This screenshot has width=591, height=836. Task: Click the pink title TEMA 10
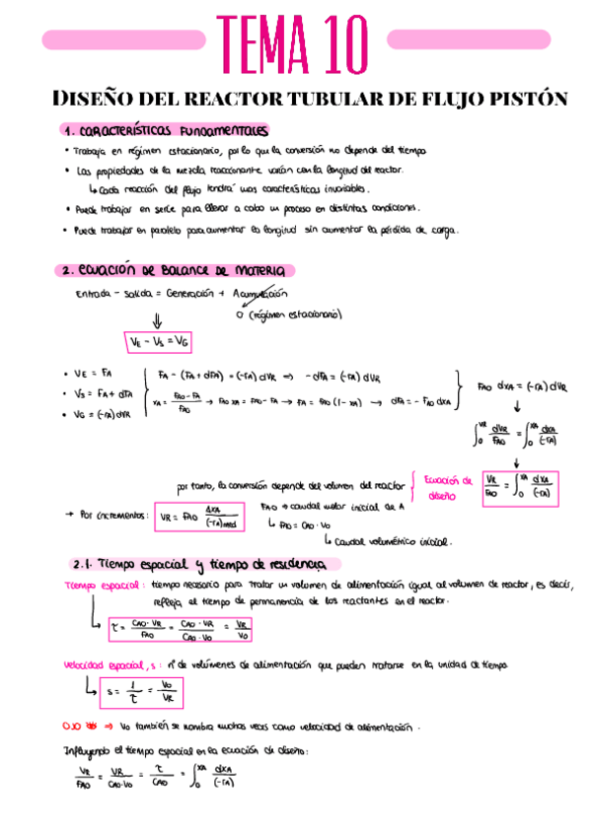tap(295, 38)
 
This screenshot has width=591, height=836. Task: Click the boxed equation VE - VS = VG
tap(159, 340)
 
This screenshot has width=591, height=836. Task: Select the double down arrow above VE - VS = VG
tap(156, 317)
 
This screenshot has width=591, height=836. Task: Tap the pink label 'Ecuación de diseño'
tap(448, 488)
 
